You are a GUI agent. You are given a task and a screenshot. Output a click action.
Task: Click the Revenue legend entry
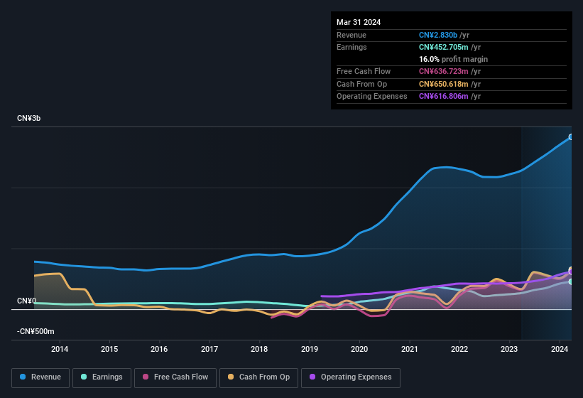coord(40,377)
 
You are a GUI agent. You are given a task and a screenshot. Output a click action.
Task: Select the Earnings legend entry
coord(101,377)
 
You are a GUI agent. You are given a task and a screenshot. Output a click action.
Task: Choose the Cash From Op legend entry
coord(259,377)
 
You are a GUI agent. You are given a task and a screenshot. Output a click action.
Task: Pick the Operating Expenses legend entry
coord(350,377)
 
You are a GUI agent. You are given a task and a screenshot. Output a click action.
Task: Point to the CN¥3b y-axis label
coord(29,119)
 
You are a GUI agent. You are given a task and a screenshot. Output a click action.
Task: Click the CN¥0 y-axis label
coord(27,301)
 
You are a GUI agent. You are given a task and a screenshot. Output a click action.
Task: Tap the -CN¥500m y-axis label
coord(36,332)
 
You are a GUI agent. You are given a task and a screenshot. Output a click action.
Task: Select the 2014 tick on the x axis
coord(60,349)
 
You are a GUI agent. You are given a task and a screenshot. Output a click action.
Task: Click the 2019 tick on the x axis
coord(310,349)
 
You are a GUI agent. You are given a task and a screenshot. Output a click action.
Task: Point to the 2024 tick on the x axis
coord(560,349)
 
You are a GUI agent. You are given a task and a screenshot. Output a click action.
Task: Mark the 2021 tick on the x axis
coord(410,349)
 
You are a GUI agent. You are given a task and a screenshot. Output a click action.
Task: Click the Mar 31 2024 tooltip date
coord(359,22)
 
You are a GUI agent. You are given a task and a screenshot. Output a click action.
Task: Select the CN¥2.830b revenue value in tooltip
coord(438,35)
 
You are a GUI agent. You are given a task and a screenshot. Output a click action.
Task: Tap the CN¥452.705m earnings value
coord(444,47)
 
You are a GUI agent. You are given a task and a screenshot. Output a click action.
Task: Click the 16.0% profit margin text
coord(453,59)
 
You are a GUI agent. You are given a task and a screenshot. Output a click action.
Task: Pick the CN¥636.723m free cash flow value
coord(444,71)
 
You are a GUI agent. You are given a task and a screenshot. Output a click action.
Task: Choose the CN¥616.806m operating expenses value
coord(444,96)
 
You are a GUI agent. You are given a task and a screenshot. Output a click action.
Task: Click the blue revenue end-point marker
coord(571,137)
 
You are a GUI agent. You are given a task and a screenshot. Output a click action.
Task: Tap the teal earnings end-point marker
coord(571,281)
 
